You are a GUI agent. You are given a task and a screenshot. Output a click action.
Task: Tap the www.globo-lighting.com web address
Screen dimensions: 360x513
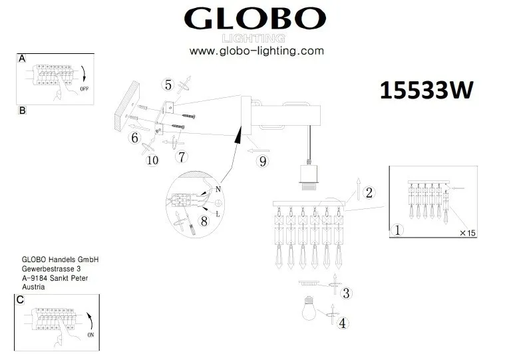(256, 51)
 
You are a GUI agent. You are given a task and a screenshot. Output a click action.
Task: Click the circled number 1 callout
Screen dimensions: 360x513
(397, 230)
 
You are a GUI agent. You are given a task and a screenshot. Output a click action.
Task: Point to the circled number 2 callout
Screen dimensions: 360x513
(370, 193)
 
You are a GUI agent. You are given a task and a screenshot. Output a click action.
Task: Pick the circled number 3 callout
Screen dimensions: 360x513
(346, 292)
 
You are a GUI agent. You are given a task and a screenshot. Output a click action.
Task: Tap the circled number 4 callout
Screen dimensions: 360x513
(342, 323)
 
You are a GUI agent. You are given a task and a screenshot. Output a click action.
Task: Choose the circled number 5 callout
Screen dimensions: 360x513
(168, 85)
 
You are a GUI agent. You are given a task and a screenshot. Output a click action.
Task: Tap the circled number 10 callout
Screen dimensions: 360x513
(152, 160)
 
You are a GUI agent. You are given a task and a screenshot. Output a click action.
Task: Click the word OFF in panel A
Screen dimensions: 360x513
(84, 88)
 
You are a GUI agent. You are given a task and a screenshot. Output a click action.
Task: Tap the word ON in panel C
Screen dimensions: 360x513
(91, 335)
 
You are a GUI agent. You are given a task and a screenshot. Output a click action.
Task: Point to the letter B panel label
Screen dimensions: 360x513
(22, 111)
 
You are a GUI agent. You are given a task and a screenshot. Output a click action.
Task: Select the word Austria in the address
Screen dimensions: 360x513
(33, 287)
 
